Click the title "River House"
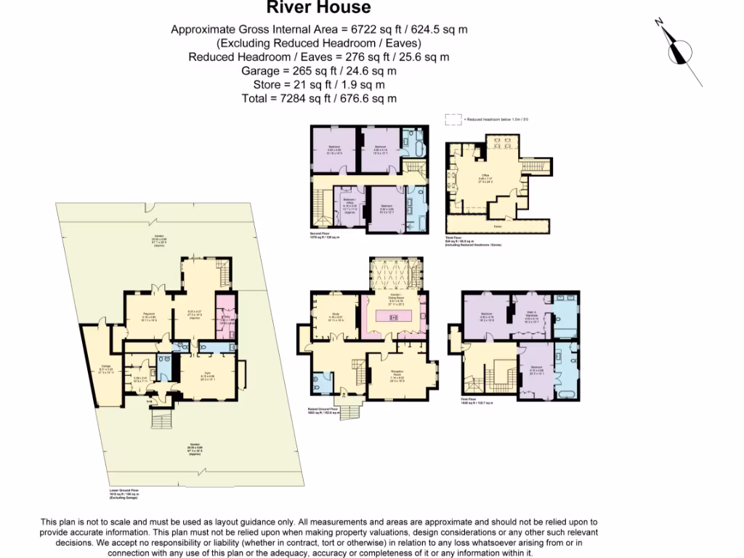tap(319, 8)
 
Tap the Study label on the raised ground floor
tap(334, 316)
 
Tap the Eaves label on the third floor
tap(497, 226)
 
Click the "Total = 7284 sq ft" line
tap(319, 98)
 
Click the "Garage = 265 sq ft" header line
tap(319, 71)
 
